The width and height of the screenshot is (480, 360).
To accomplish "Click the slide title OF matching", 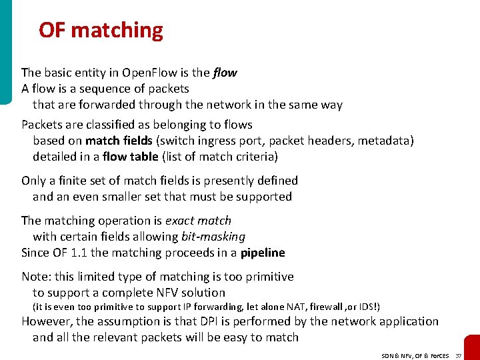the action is click(101, 30).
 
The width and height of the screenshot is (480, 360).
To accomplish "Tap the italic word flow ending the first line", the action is click(225, 73).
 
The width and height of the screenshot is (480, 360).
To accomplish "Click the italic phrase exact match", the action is click(198, 221).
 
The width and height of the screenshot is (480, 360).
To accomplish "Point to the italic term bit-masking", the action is click(213, 237).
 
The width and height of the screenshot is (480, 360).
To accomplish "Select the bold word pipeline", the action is click(263, 253).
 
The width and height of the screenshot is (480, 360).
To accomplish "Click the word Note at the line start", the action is click(34, 277).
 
